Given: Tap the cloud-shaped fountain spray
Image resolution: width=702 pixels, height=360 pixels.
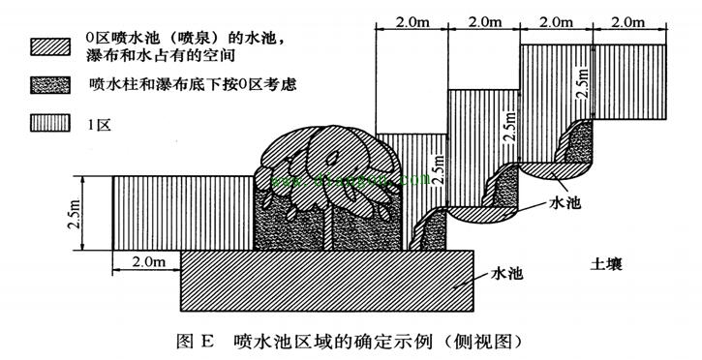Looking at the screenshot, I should pos(329,160).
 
